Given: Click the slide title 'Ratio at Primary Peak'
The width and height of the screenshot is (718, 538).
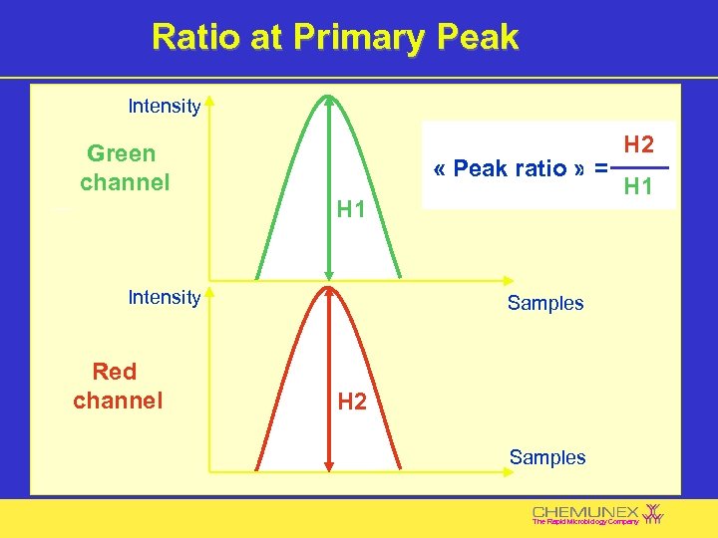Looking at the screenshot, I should pyautogui.click(x=335, y=37).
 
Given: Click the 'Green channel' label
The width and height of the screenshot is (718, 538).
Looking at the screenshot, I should pyautogui.click(x=124, y=167).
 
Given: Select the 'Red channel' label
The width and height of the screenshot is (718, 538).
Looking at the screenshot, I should pyautogui.click(x=117, y=386).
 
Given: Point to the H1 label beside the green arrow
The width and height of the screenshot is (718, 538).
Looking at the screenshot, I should pyautogui.click(x=351, y=209).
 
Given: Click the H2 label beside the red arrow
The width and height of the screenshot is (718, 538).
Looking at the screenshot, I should pyautogui.click(x=352, y=402).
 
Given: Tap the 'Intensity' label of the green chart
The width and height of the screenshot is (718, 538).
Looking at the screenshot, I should pyautogui.click(x=165, y=106).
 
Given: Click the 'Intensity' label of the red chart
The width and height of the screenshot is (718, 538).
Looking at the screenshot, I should pyautogui.click(x=165, y=297).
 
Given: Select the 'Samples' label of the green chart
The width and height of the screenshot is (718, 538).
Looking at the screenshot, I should pyautogui.click(x=544, y=303).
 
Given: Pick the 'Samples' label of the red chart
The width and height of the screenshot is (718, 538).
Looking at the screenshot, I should pyautogui.click(x=546, y=457).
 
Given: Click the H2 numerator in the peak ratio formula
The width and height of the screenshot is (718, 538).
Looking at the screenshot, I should pyautogui.click(x=638, y=145).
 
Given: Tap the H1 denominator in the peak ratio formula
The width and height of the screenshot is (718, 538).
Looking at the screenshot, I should pyautogui.click(x=638, y=186).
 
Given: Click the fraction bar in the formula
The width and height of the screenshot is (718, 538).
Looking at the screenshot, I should pyautogui.click(x=638, y=167).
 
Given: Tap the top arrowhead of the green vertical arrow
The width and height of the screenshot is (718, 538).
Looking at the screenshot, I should pyautogui.click(x=329, y=100).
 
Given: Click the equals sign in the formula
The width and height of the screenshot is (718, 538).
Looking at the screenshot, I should pyautogui.click(x=600, y=168).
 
